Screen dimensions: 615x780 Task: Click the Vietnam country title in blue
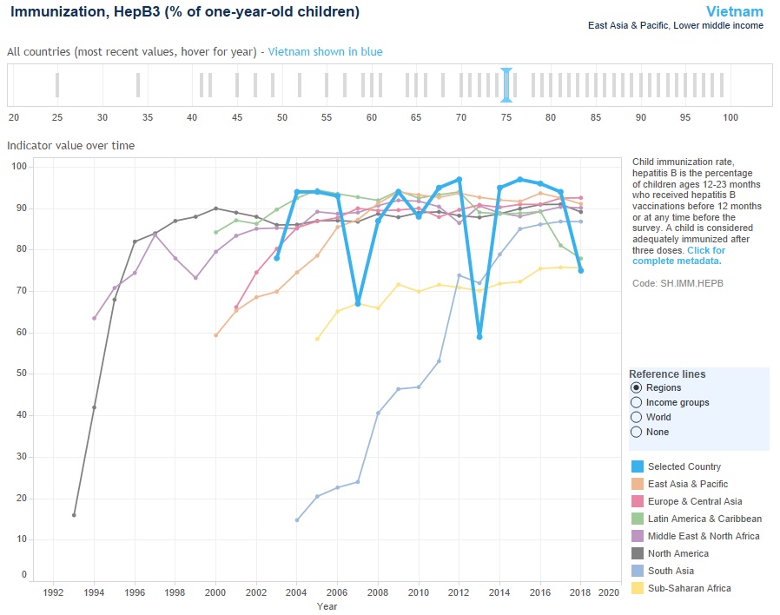coord(735,11)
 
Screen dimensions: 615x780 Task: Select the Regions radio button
coord(637,387)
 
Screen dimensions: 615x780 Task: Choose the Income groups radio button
coord(637,402)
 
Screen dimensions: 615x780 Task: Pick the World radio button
coord(637,417)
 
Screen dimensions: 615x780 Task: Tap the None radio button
coord(637,432)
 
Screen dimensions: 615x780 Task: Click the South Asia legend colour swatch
coord(638,571)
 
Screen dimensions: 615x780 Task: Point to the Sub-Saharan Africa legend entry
coord(690,588)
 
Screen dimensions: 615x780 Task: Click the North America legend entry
coord(677,553)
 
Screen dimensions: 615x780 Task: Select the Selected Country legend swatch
coord(638,466)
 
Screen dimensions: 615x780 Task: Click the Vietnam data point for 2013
coord(479,336)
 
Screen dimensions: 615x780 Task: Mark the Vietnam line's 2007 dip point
coord(358,303)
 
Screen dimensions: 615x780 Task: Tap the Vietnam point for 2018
coord(581,270)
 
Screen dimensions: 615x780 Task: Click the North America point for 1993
coord(74,515)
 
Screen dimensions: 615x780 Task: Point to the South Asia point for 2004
coord(297,520)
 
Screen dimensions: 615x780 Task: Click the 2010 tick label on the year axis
coord(419,592)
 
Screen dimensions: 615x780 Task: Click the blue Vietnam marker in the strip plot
coord(506,85)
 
